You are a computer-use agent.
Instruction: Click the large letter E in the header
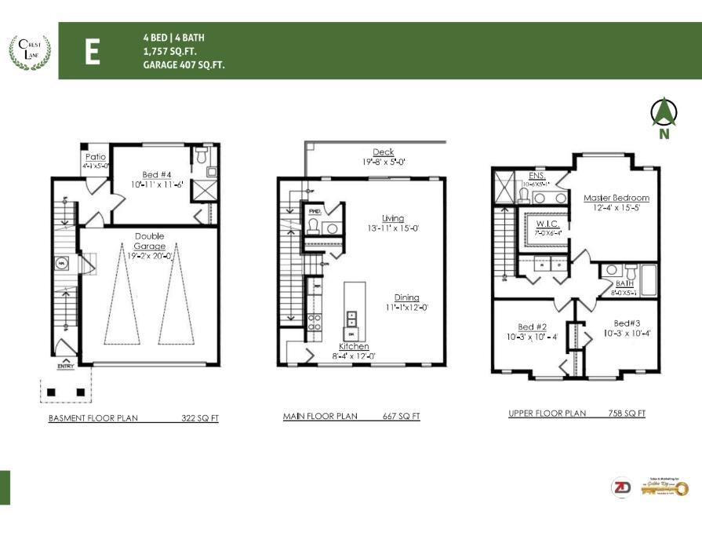coord(92,52)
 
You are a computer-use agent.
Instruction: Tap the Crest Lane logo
coord(29,51)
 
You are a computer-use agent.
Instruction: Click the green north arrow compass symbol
coord(664,114)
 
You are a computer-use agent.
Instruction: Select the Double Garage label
coord(149,241)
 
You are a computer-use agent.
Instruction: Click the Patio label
coord(95,157)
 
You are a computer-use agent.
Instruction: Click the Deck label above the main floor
coord(384,152)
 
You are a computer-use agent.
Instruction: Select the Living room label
coord(392,218)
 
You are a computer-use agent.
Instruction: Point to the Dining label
coord(406,297)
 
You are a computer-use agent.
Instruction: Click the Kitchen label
coord(354,346)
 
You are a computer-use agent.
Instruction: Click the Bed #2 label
coord(532,327)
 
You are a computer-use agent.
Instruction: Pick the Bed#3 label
coord(627,323)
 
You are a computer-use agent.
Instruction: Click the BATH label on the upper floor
coord(624,284)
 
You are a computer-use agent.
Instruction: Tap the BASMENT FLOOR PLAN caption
coord(93,418)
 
